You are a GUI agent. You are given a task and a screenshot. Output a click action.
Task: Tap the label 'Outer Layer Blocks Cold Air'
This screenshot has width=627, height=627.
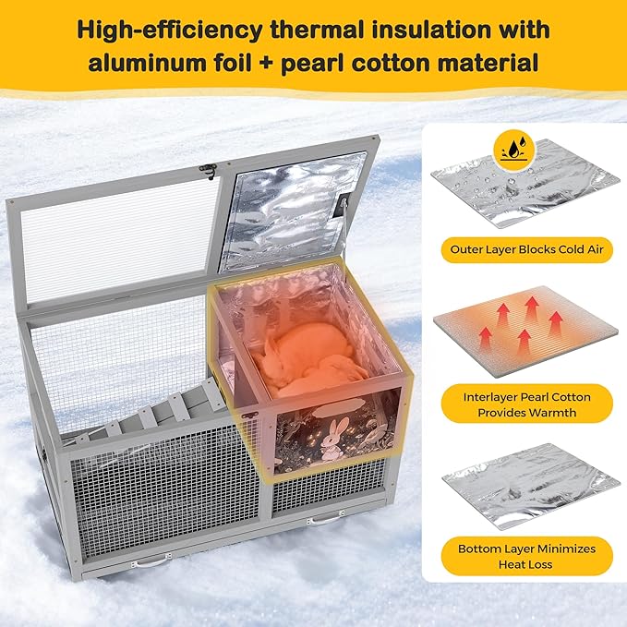pyautogui.click(x=526, y=250)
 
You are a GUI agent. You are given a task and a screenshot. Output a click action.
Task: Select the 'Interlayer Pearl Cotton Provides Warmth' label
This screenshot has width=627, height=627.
pyautogui.click(x=526, y=404)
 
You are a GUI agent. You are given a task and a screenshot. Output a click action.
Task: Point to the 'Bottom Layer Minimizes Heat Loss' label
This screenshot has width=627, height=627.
pyautogui.click(x=526, y=556)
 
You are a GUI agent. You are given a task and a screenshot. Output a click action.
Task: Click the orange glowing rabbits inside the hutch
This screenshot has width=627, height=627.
pyautogui.click(x=307, y=360)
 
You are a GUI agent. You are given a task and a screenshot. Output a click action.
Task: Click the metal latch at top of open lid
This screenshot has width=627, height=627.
pyautogui.click(x=209, y=171)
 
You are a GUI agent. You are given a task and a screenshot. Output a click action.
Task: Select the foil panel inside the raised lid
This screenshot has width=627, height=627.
pyautogui.click(x=292, y=211)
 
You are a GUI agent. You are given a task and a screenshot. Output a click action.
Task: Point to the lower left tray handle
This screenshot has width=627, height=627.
pyautogui.click(x=151, y=561)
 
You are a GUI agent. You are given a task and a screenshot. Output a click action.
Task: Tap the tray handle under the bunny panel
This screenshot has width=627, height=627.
pyautogui.click(x=325, y=518)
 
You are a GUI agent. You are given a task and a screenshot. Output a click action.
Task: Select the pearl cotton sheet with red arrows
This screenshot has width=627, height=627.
pyautogui.click(x=525, y=332)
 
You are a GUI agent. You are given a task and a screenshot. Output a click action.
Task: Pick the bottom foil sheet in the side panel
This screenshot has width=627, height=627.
pyautogui.click(x=531, y=486)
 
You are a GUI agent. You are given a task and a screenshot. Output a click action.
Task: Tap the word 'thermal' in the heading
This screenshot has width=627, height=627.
pyautogui.click(x=316, y=30)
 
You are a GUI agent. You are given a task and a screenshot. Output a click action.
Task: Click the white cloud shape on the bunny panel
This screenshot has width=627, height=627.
pyautogui.click(x=338, y=408)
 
